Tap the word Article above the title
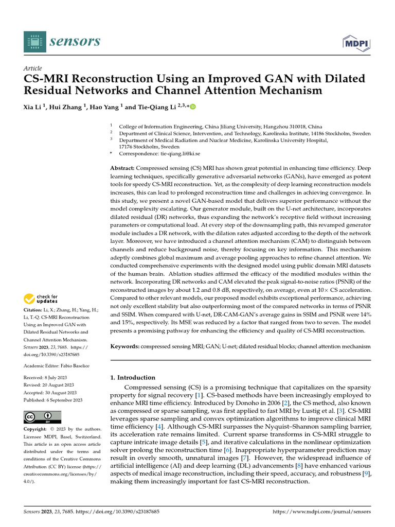[x=33, y=68]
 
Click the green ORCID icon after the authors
[x=193, y=107]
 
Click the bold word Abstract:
[x=123, y=168]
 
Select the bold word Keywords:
[x=125, y=347]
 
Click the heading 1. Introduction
[x=133, y=377]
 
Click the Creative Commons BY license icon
[x=43, y=417]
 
